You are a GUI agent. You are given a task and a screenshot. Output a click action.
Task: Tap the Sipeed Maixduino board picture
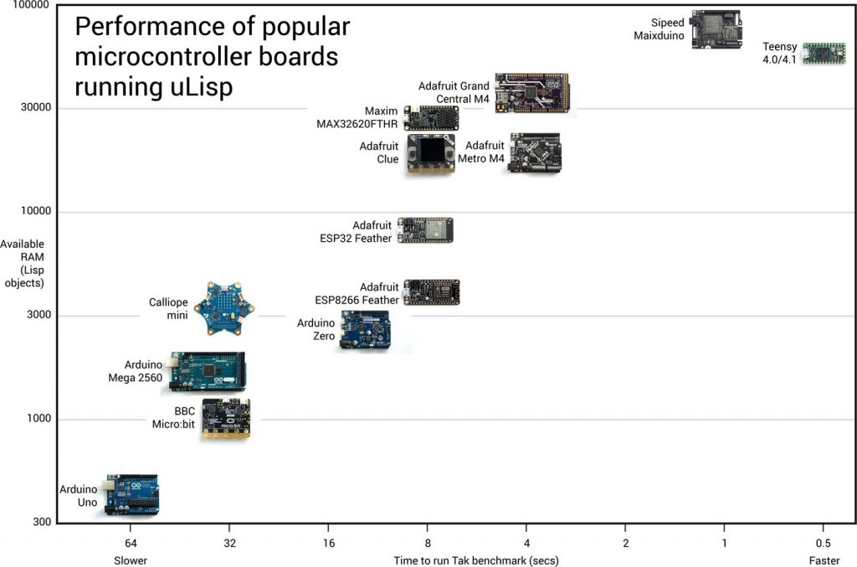click(716, 29)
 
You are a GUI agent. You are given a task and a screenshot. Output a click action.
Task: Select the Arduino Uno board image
click(131, 494)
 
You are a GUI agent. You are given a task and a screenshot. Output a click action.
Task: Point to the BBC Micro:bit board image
click(226, 418)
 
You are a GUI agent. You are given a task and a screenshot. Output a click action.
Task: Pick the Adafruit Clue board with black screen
click(431, 153)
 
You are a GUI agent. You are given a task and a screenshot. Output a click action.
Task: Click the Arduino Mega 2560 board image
click(207, 371)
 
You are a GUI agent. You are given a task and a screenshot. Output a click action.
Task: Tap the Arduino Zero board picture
click(364, 330)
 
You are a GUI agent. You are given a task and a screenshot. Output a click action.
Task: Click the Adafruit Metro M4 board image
click(535, 152)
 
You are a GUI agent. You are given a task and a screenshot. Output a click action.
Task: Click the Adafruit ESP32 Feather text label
click(356, 232)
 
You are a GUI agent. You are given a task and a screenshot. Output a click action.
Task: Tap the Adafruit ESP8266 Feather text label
click(357, 293)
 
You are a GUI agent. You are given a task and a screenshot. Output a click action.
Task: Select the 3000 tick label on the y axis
click(36, 316)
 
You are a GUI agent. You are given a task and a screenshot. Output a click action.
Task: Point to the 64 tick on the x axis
click(130, 542)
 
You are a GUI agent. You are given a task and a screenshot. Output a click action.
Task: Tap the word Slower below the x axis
click(131, 559)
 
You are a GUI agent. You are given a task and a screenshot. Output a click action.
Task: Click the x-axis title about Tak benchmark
click(476, 559)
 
